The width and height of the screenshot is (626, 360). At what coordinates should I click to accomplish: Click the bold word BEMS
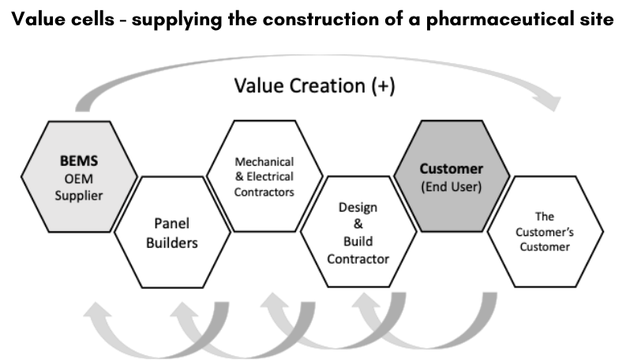coord(78,160)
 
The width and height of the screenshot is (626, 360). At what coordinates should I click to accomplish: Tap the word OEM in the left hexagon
coord(78,178)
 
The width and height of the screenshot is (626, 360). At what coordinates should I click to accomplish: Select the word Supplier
coord(78,195)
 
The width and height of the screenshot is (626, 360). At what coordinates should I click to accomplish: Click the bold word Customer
coord(452,169)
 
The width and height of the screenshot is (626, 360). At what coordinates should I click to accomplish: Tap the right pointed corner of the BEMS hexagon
coord(137,176)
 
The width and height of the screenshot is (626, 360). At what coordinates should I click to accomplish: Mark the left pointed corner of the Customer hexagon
coord(395,176)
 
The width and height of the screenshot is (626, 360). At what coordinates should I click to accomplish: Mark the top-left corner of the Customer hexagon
coord(424,122)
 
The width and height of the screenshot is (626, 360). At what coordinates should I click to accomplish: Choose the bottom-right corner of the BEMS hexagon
coord(108,230)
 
